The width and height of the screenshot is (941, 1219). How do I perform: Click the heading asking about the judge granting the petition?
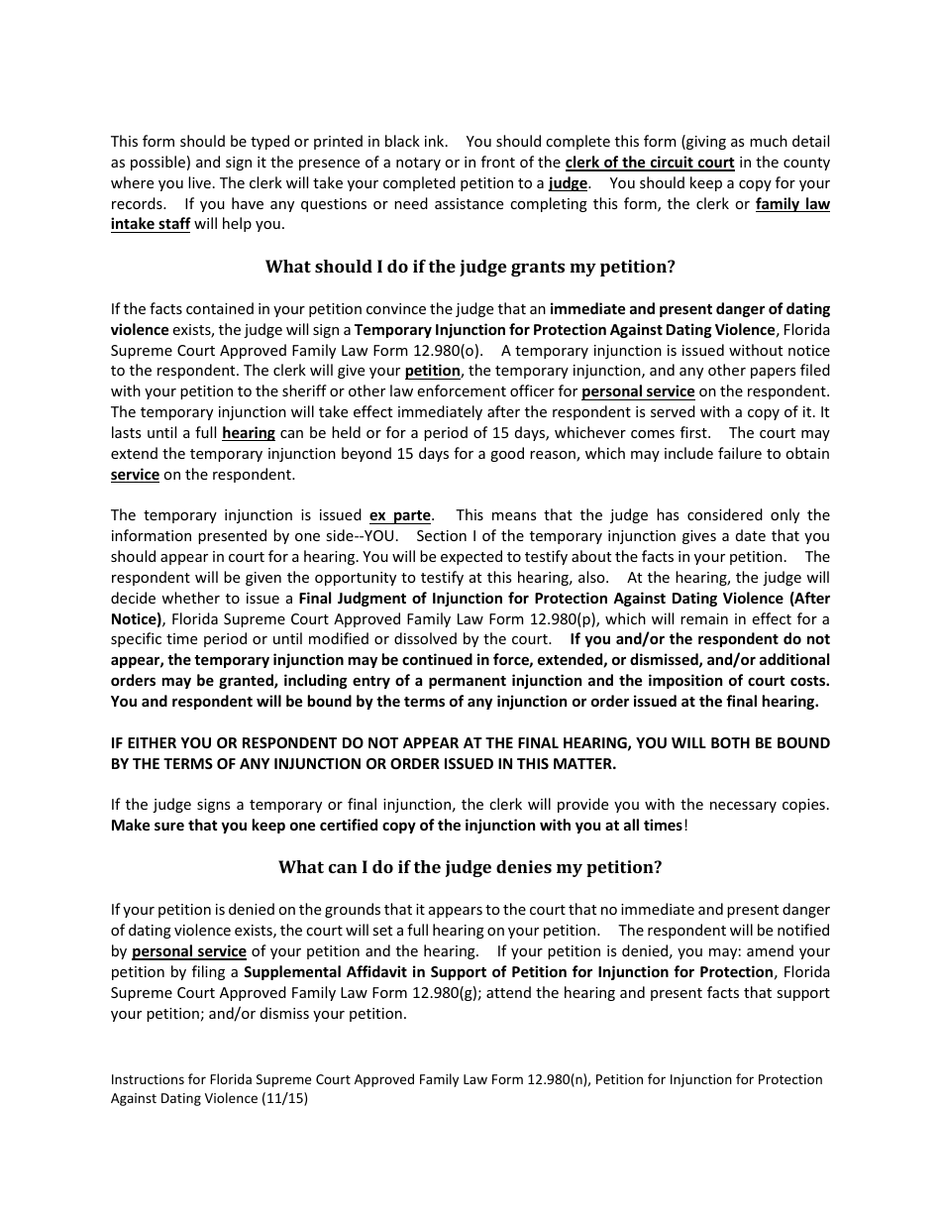(470, 267)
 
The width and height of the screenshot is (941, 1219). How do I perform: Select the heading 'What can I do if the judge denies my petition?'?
(470, 867)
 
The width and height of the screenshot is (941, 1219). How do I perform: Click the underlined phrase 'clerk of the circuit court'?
(650, 163)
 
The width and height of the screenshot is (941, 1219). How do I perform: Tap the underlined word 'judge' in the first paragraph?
(568, 183)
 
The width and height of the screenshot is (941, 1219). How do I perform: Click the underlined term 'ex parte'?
(400, 515)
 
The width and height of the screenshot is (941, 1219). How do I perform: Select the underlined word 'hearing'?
(249, 433)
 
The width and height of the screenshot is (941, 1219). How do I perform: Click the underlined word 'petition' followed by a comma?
(432, 371)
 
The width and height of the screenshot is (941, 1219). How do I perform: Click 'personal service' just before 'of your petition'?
(189, 951)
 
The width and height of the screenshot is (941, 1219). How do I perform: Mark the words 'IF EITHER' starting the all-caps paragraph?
(144, 743)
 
